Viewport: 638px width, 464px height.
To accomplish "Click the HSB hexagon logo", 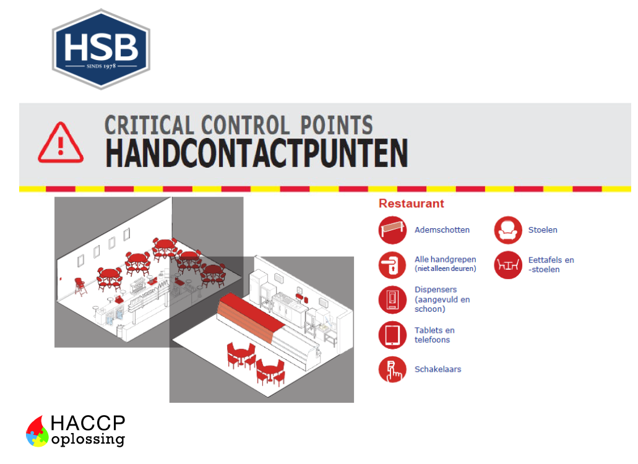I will click(x=101, y=49).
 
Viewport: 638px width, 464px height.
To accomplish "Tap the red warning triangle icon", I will click(x=60, y=143).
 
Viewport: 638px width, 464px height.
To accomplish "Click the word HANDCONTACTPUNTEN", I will click(x=256, y=153).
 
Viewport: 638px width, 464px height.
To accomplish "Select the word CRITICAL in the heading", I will click(x=149, y=125).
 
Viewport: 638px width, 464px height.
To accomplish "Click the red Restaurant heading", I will click(x=411, y=204).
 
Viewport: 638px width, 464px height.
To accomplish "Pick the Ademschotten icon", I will click(x=392, y=230).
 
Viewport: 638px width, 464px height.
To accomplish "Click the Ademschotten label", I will click(x=442, y=230).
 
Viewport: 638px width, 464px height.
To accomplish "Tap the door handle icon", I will click(x=392, y=265).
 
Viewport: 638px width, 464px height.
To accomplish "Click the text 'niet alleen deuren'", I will click(x=445, y=269).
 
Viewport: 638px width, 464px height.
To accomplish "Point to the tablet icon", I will click(x=392, y=335).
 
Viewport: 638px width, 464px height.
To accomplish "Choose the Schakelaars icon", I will click(x=392, y=369).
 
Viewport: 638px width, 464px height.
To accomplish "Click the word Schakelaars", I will click(x=438, y=369).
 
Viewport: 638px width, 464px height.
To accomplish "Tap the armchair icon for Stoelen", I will click(x=508, y=230).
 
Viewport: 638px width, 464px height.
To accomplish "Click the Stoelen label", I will click(x=543, y=230).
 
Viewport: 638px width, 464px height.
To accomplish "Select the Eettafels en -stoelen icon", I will click(x=508, y=265).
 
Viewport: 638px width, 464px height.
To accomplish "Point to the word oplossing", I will click(x=88, y=440).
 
